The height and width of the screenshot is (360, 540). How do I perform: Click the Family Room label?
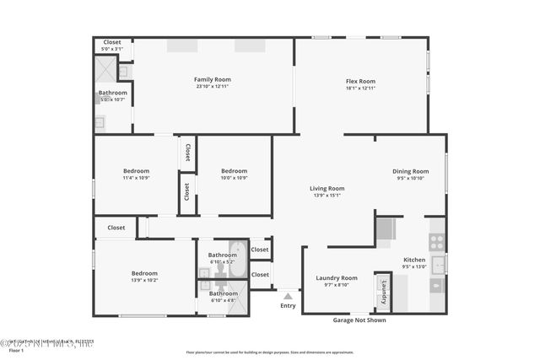[212, 79]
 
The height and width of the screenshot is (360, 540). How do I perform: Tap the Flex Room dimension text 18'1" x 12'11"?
[360, 88]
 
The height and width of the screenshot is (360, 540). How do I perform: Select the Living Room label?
[327, 188]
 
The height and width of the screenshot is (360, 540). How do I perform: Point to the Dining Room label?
[410, 171]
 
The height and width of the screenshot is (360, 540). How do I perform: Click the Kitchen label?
[413, 260]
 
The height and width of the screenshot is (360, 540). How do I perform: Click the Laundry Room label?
[337, 277]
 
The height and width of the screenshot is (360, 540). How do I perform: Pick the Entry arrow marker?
[288, 296]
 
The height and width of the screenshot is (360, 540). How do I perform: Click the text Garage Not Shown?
[360, 320]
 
